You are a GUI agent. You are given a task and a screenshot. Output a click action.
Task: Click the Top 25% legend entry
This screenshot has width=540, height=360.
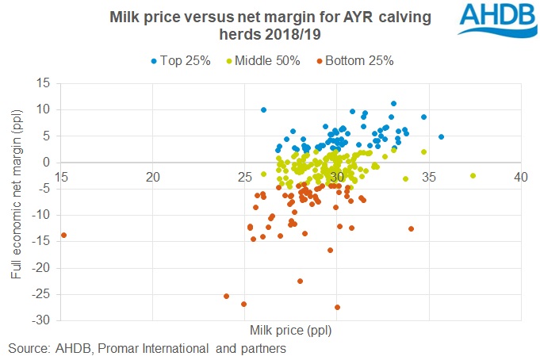[180, 60]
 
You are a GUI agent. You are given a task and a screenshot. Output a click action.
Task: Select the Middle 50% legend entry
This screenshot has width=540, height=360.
[264, 60]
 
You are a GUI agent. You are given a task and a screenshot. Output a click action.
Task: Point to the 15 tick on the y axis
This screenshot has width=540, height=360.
[44, 83]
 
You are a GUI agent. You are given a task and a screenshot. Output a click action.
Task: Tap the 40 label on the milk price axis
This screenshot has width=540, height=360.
[520, 175]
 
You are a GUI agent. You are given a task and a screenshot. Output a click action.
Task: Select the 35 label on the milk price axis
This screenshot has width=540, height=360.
[429, 175]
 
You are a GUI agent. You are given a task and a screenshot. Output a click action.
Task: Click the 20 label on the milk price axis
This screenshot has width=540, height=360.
[153, 175]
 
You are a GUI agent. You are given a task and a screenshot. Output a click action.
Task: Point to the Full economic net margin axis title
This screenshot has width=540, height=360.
[17, 201]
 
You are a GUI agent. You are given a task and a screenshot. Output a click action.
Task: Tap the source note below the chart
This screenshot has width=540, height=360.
[147, 347]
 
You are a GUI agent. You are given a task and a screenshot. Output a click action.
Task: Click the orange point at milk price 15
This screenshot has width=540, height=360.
[63, 235]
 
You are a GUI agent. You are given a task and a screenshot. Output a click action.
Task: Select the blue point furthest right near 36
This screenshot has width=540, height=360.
[441, 136]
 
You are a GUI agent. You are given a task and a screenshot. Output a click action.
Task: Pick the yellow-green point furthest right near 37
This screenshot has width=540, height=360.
[473, 175]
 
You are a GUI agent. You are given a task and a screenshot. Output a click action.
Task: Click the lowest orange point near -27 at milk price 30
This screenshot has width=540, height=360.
[337, 307]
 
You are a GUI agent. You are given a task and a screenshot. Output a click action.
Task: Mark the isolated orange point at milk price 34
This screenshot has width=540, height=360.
[411, 228]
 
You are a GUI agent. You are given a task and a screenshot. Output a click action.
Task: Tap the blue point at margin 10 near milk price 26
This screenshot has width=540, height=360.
[263, 109]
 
